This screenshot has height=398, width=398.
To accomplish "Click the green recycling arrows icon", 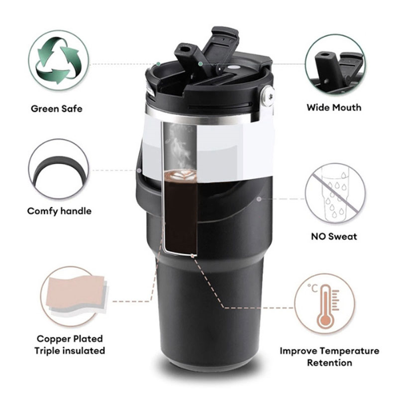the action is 59,60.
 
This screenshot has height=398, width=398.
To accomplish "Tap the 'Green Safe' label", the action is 57,109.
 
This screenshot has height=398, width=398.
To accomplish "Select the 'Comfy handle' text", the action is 59,211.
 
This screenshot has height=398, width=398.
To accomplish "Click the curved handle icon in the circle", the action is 59,171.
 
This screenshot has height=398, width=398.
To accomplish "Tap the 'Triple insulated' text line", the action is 70,351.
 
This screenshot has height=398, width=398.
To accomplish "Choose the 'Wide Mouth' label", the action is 334,107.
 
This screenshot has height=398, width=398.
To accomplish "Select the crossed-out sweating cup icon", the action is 335,193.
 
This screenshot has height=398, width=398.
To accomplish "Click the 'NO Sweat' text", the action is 334,237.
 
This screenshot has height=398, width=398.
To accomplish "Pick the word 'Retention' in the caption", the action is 329,363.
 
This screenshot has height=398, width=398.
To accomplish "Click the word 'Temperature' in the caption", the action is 349,351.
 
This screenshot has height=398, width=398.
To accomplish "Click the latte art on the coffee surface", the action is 180,175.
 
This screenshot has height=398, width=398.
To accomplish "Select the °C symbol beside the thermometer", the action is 312,289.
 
